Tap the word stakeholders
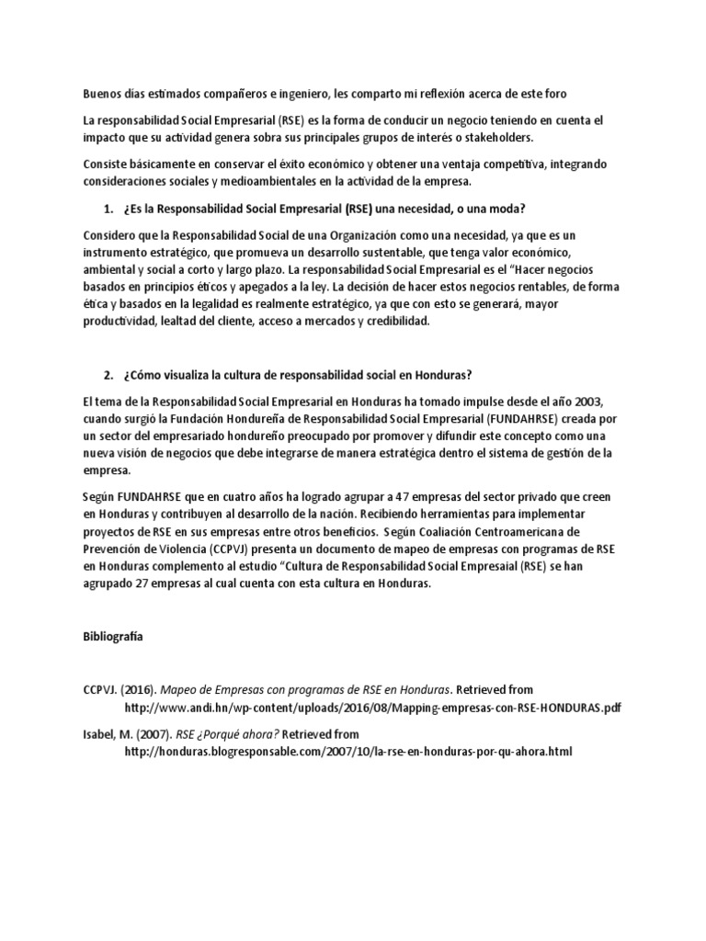point(493,137)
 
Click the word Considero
point(113,234)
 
